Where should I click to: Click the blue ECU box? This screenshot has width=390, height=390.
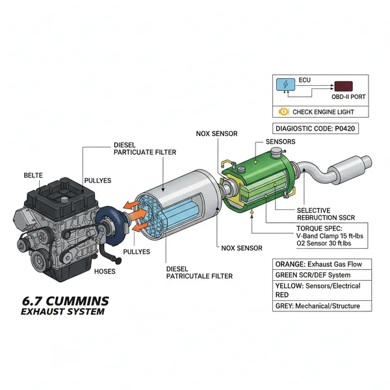285,85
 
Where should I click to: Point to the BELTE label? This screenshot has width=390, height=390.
32,175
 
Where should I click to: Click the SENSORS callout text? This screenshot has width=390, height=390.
281,142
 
